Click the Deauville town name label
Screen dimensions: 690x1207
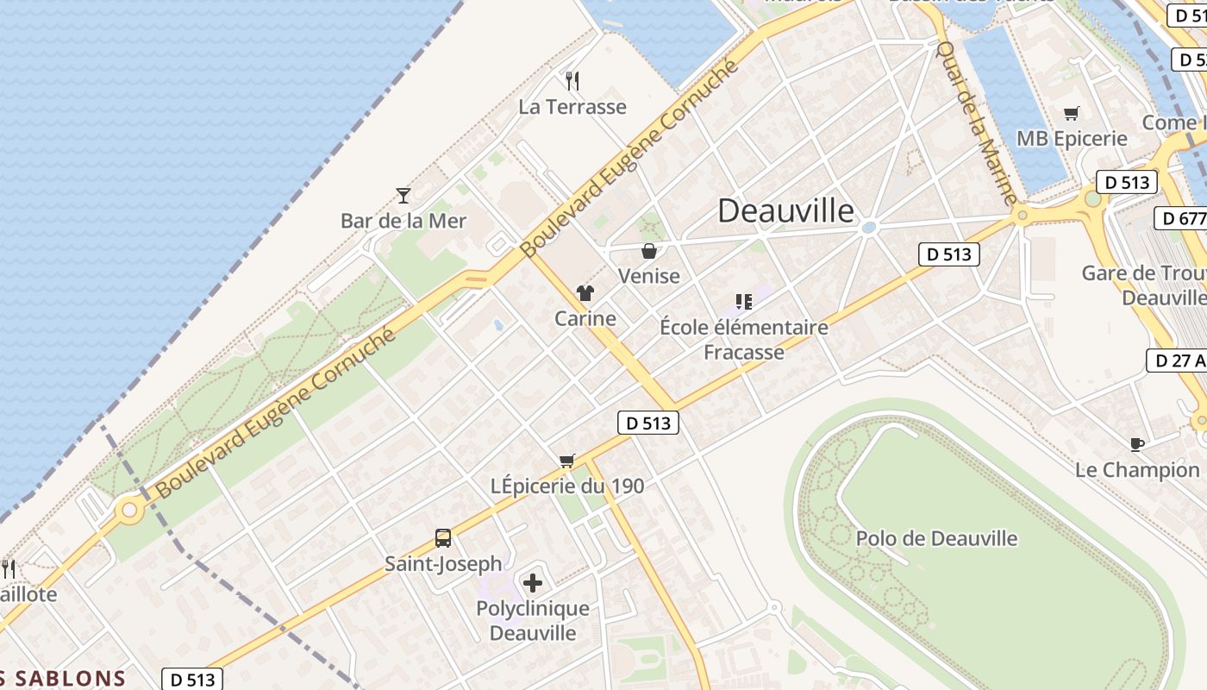tap(785, 210)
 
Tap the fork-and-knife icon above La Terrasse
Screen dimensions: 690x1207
tap(572, 81)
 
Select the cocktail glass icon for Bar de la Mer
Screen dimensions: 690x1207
tap(403, 195)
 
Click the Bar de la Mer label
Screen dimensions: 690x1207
tap(403, 221)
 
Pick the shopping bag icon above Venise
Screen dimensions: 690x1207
tap(649, 251)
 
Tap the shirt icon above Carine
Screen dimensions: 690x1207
tap(585, 293)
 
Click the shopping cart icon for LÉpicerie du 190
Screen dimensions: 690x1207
tap(566, 461)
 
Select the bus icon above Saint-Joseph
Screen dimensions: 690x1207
tap(443, 538)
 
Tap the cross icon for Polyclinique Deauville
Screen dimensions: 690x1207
tap(533, 583)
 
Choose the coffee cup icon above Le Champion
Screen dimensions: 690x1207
tap(1137, 444)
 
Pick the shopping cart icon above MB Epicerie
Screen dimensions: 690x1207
tap(1072, 113)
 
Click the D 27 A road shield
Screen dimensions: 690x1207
tap(1177, 361)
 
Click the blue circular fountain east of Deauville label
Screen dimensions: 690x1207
tap(869, 228)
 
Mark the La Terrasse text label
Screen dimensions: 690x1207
tap(572, 107)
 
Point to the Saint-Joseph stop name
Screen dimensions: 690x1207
tap(443, 564)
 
